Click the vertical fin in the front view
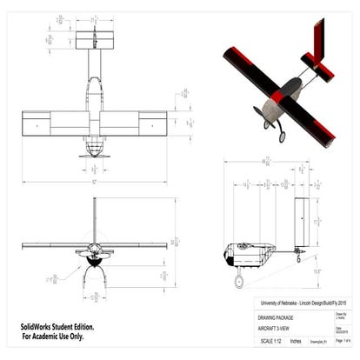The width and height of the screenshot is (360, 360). pyautogui.click(x=94, y=217)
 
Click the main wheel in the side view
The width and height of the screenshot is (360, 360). pyautogui.click(x=238, y=282)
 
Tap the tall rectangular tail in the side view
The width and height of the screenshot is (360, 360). pyautogui.click(x=301, y=222)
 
